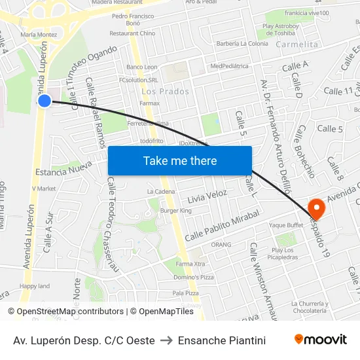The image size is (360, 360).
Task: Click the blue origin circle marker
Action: pyautogui.click(x=45, y=101)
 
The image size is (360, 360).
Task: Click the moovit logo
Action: pyautogui.click(x=320, y=340)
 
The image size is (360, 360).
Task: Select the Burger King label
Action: pyautogui.click(x=176, y=211)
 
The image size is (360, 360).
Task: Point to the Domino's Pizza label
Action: pyautogui.click(x=194, y=278)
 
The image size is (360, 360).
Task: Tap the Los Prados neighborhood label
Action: pyautogui.click(x=165, y=92)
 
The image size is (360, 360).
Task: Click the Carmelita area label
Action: pyautogui.click(x=297, y=44)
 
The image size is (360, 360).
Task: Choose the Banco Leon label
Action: pyautogui.click(x=142, y=67)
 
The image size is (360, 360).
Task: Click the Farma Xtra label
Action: pyautogui.click(x=190, y=264)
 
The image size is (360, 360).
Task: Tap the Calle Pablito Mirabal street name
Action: pyautogui.click(x=223, y=225)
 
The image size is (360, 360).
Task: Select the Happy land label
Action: pyautogui.click(x=35, y=286)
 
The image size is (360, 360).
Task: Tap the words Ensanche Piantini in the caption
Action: pyautogui.click(x=222, y=340)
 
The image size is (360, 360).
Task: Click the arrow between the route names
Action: pyautogui.click(x=166, y=340)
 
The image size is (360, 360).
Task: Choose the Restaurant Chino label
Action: pyautogui.click(x=132, y=33)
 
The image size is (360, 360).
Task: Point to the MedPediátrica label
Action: pyautogui.click(x=230, y=66)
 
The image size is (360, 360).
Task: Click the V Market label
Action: pyautogui.click(x=44, y=189)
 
